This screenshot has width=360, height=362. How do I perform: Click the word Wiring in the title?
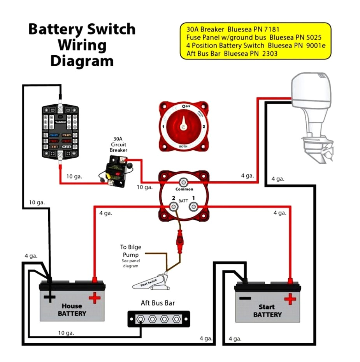click(x=82, y=45)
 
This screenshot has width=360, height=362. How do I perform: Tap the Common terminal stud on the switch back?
click(x=183, y=182)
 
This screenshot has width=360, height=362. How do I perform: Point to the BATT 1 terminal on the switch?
click(x=193, y=206)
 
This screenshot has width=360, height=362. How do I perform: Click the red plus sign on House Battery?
click(x=94, y=298)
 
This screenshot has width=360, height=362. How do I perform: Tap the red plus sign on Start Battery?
click(x=290, y=299)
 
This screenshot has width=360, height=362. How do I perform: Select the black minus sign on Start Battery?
click(x=244, y=299)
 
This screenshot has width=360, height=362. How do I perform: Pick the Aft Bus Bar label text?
click(x=158, y=303)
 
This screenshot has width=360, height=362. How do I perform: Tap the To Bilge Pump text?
click(x=130, y=251)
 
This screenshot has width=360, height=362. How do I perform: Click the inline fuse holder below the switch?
click(x=180, y=240)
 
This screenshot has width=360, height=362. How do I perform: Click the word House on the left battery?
click(x=71, y=306)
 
